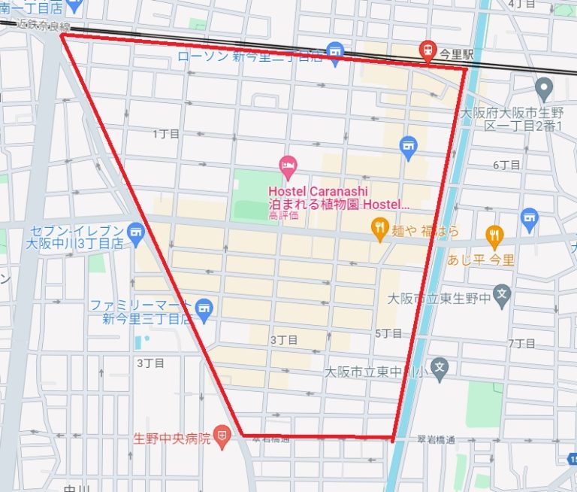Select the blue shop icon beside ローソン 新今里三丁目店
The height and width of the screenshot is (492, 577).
click(335, 50)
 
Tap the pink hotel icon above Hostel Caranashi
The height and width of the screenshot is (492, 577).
click(287, 165)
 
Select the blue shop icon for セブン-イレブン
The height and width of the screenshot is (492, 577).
click(135, 230)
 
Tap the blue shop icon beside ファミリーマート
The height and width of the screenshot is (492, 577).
click(204, 307)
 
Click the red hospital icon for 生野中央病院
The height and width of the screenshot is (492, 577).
click(222, 436)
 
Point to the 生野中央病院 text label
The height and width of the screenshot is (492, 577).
click(172, 438)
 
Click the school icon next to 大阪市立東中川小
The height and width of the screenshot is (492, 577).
click(440, 368)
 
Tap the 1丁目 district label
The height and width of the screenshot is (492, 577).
click(166, 134)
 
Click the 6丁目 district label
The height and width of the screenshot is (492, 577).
click(506, 165)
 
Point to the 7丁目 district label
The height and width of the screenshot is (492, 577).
click(521, 344)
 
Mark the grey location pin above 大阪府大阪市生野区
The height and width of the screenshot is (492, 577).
click(545, 90)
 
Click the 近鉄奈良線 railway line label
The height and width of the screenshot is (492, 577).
click(38, 25)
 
